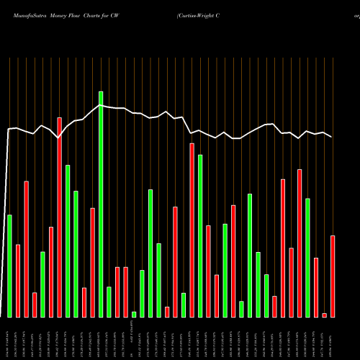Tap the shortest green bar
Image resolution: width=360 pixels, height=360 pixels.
click(134, 314)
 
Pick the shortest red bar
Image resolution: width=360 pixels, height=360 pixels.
click(324, 315)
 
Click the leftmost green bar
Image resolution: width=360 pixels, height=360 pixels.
click(9, 266)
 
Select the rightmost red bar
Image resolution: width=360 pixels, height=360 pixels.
click(333, 276)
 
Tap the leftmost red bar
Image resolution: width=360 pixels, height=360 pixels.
click(18, 281)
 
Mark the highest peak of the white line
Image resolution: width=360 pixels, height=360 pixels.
click(100, 105)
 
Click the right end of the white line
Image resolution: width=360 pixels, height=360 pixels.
click(332, 137)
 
